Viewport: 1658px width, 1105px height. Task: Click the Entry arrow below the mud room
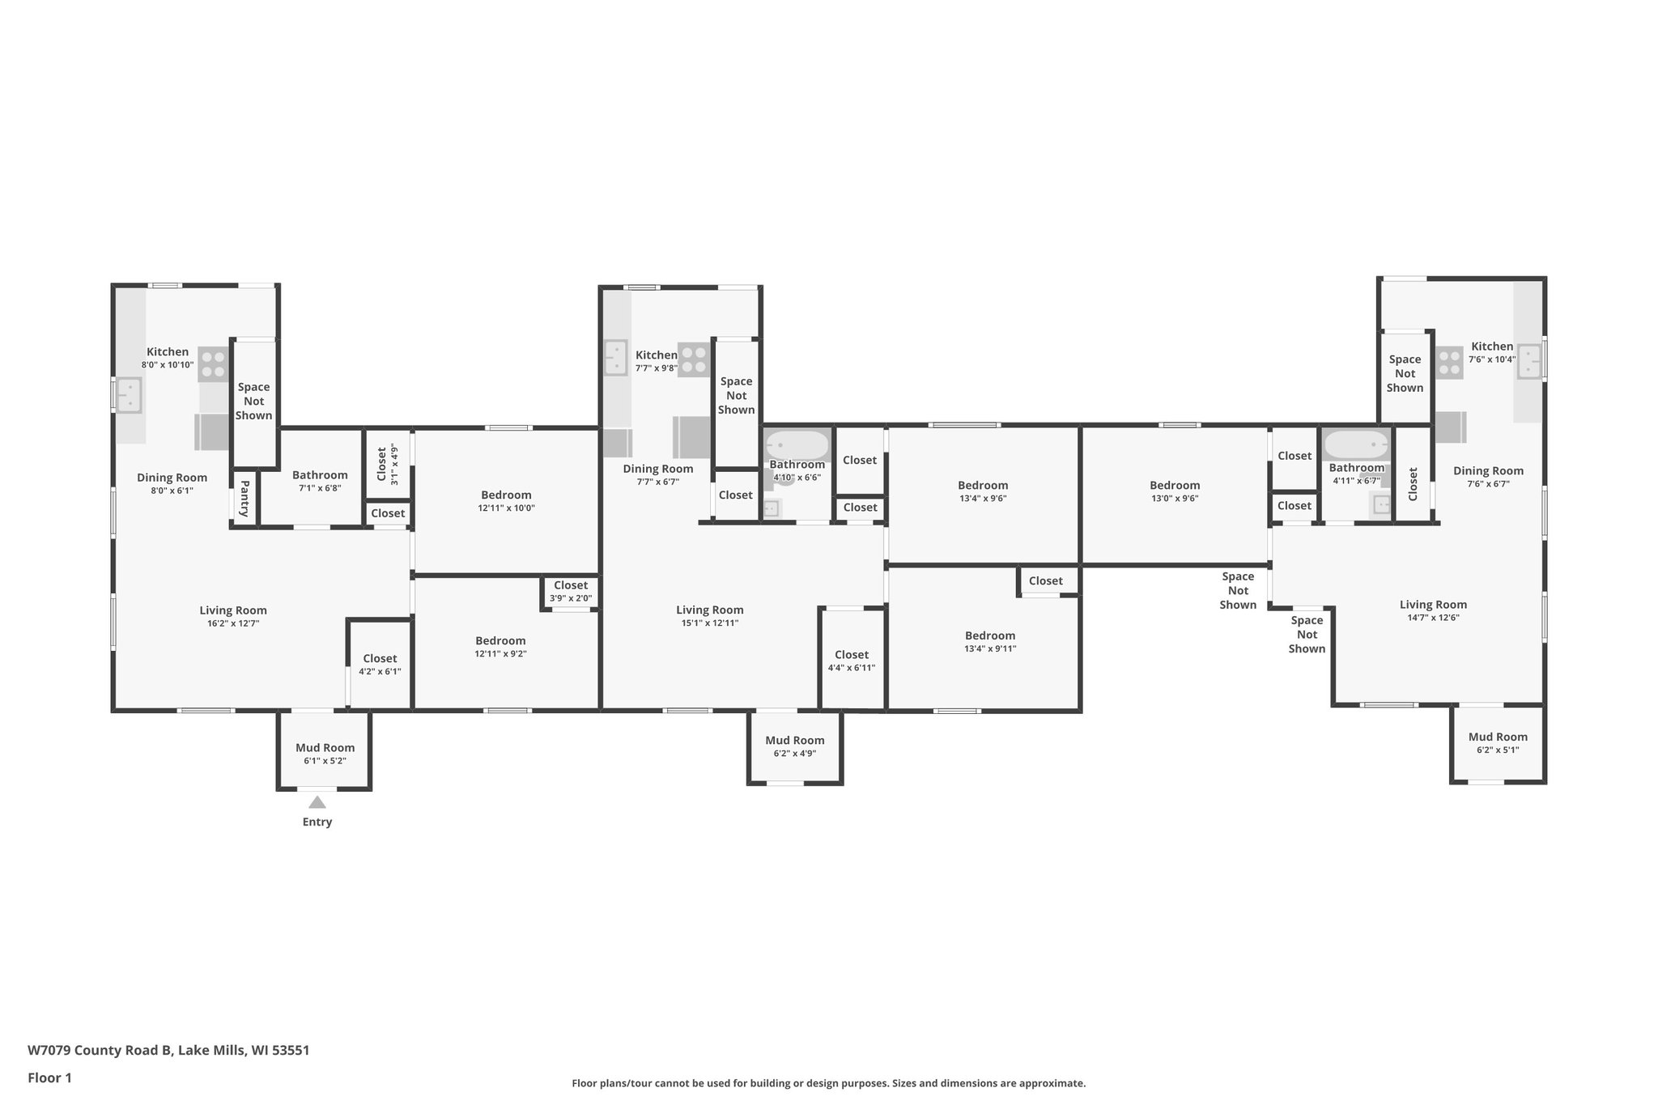pos(317,802)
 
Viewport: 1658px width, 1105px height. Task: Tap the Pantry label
pos(244,499)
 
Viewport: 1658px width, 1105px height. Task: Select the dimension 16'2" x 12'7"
pos(233,623)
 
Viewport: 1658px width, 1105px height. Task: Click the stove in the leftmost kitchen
pos(214,364)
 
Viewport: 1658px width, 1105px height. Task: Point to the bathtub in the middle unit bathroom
pos(797,445)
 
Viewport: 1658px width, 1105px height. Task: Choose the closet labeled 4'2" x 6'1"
pos(380,665)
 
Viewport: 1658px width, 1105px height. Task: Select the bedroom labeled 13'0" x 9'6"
pos(1175,491)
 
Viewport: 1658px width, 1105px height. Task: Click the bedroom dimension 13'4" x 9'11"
pos(990,648)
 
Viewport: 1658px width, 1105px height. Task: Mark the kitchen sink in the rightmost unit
pos(1529,361)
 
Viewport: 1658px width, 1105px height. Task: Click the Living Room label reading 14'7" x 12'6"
pos(1433,610)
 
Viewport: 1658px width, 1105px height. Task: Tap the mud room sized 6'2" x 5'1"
pos(1498,743)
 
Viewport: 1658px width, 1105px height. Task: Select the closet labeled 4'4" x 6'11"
pos(851,661)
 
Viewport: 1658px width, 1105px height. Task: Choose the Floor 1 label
pos(49,1077)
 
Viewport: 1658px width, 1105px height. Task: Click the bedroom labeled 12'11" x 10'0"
pos(506,501)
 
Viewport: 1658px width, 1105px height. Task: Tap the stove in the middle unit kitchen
pos(694,360)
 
